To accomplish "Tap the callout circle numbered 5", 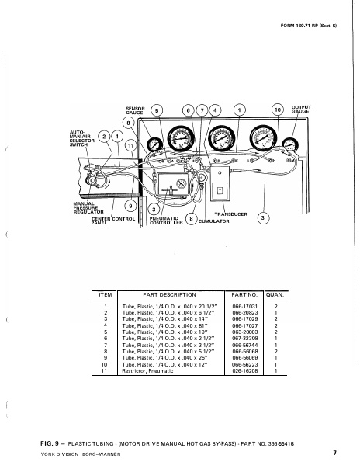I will click(157, 111).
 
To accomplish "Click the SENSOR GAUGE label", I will click(135, 111).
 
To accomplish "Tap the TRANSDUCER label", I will click(230, 213).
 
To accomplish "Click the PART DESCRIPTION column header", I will click(169, 296).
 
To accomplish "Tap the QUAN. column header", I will click(275, 296).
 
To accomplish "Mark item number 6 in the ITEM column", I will click(105, 339).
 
